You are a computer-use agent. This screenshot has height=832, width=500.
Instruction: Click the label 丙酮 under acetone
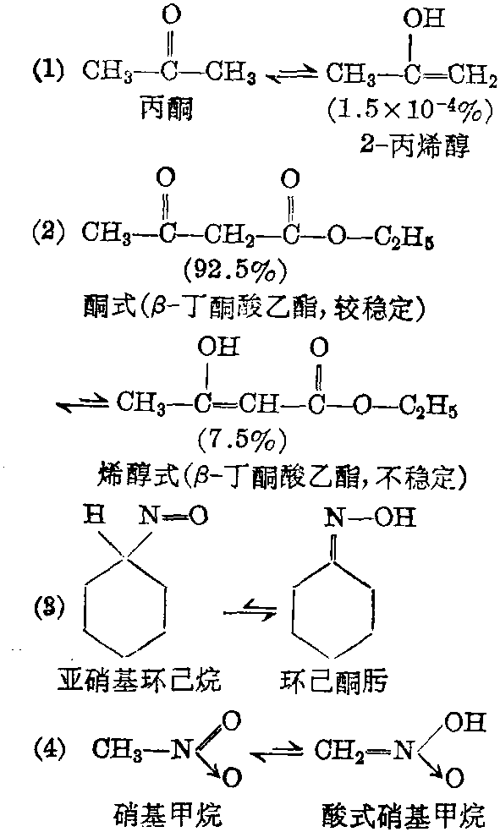[166, 108]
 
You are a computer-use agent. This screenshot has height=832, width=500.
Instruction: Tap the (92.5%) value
[235, 271]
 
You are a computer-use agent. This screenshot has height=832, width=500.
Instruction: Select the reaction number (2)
[49, 232]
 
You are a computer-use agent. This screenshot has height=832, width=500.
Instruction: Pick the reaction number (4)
[49, 749]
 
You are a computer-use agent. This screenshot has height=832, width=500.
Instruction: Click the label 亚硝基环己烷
[139, 680]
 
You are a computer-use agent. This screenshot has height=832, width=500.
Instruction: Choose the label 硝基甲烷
[168, 815]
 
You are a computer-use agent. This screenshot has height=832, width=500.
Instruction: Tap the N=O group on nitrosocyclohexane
[173, 517]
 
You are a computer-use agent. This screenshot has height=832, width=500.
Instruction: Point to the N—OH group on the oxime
[369, 517]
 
